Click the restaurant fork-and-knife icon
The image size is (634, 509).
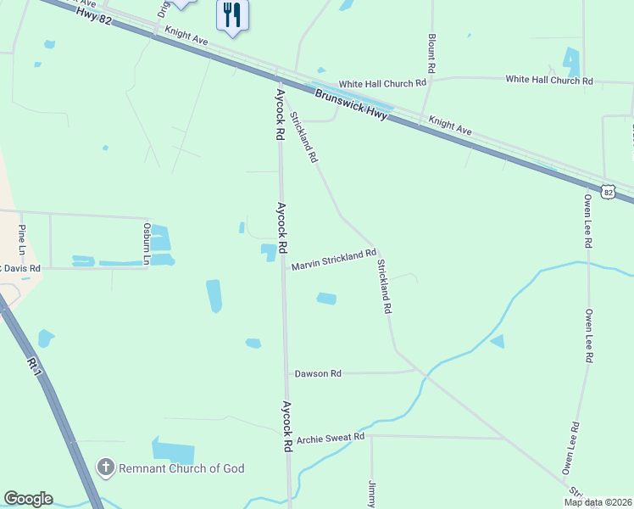click(x=232, y=15)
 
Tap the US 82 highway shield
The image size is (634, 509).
click(x=608, y=192)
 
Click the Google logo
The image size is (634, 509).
click(x=28, y=499)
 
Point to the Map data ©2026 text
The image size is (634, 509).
click(x=597, y=502)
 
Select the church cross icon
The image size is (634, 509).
click(x=105, y=467)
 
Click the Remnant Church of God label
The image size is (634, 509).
click(x=181, y=468)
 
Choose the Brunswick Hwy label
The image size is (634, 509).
click(x=351, y=104)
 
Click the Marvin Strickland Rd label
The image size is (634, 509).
click(x=333, y=260)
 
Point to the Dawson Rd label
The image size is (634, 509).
click(x=318, y=373)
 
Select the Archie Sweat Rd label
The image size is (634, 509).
click(x=330, y=437)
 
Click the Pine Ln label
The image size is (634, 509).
click(x=22, y=240)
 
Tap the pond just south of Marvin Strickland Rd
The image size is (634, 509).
click(x=326, y=298)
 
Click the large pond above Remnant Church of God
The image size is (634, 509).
click(x=173, y=450)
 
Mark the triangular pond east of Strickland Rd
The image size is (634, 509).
click(x=498, y=341)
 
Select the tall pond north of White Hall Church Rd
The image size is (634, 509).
click(x=572, y=61)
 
